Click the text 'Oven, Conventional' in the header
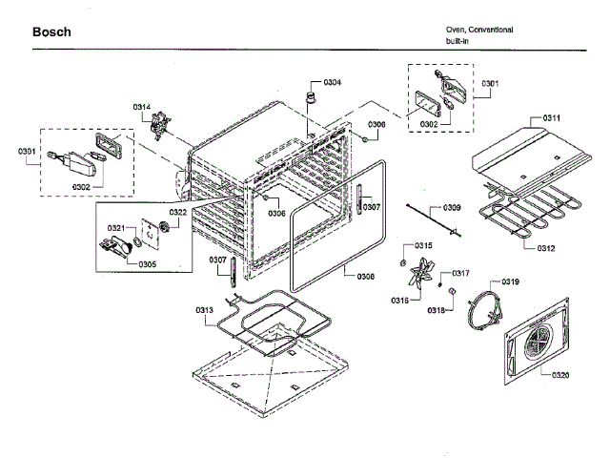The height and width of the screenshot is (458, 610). tap(479, 30)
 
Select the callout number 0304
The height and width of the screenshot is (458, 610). tap(332, 83)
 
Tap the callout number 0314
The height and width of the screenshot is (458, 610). tap(141, 106)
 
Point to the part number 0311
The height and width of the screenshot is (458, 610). tap(551, 117)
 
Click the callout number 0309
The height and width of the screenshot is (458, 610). tap(452, 208)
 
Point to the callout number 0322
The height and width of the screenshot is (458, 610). tap(178, 212)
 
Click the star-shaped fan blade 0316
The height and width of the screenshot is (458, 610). tap(417, 280)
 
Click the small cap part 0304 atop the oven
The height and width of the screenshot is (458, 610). tap(310, 98)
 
